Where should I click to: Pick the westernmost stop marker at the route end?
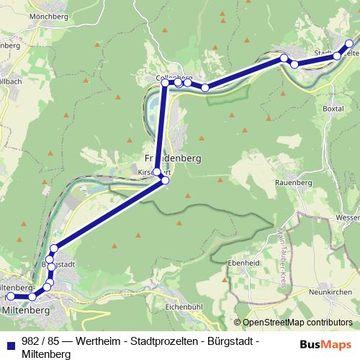click(x=10, y=296)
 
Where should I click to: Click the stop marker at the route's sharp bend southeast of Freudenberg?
click(x=165, y=180)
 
